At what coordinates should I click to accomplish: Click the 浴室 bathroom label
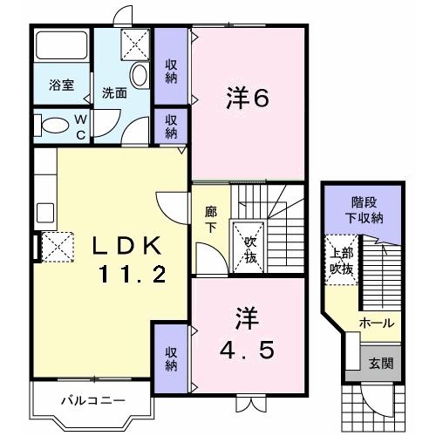click(x=61, y=86)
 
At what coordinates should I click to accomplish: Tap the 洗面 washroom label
click(x=115, y=93)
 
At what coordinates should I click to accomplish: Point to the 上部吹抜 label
click(x=342, y=262)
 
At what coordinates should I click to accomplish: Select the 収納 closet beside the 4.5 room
click(x=171, y=358)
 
